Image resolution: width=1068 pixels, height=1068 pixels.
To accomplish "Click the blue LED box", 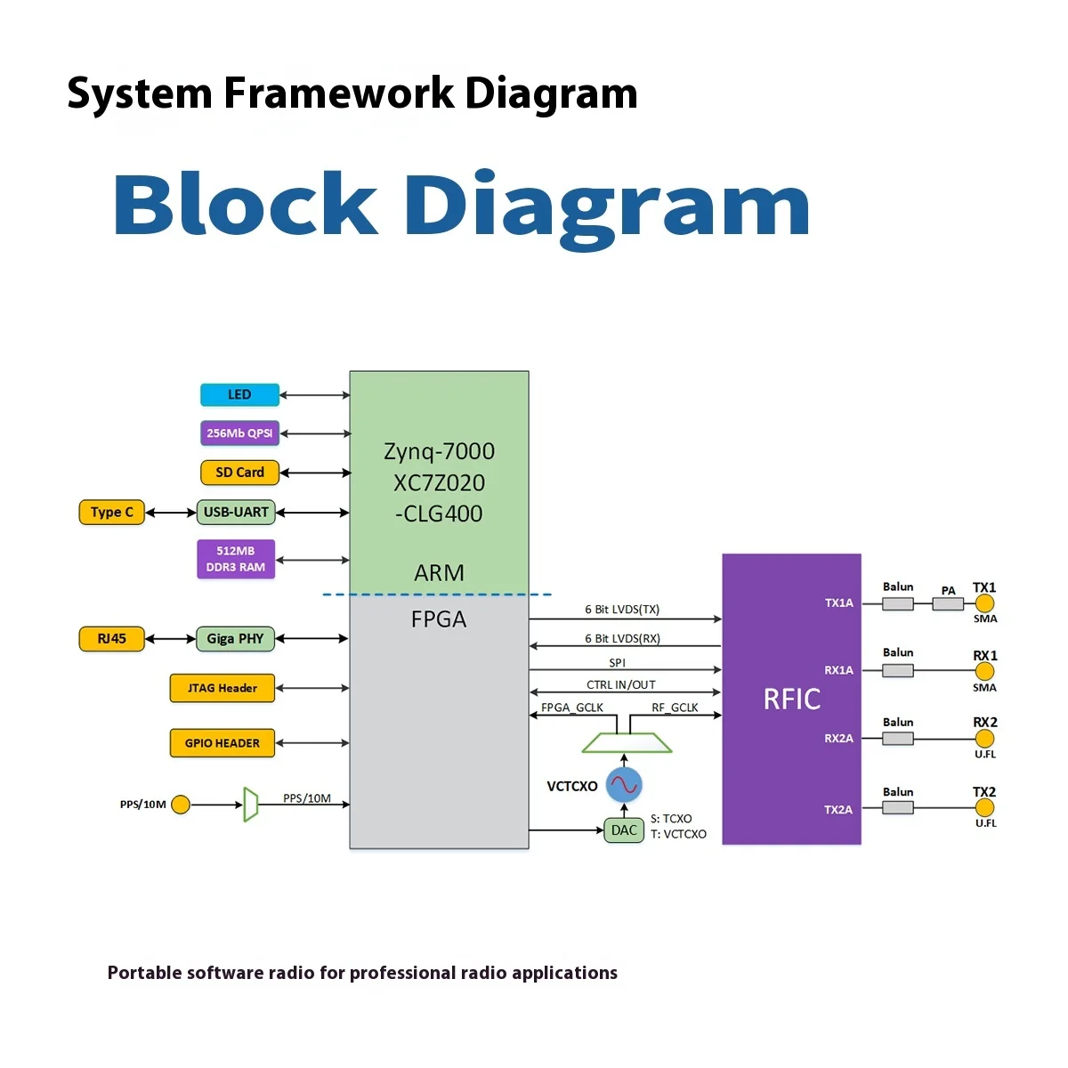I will point(239,394).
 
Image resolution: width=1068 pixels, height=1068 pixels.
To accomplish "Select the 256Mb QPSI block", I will point(239,433).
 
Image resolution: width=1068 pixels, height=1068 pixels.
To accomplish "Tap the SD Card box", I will point(239,473).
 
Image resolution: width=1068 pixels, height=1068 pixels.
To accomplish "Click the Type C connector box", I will point(111,512).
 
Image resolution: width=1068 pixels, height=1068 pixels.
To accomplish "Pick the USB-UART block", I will point(236,512).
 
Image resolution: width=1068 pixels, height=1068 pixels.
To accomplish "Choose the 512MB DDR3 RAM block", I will point(236,559).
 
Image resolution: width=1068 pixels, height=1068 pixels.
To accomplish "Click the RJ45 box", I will point(111,638).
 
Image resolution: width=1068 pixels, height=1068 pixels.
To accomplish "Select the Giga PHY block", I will point(235,638).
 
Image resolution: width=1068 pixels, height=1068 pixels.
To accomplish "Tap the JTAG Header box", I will point(222,688).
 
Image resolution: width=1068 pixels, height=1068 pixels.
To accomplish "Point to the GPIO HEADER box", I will point(222,743).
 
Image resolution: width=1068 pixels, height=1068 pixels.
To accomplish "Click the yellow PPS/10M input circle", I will point(181,805).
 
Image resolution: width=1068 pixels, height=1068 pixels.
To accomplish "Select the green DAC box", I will point(624,830).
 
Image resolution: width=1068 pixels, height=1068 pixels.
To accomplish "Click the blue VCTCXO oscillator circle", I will point(624,784).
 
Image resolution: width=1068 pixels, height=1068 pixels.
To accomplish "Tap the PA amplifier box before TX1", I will point(948,603).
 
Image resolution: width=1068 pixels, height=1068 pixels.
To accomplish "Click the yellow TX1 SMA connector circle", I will point(984,603).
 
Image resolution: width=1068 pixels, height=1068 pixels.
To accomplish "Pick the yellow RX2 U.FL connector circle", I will point(984,739).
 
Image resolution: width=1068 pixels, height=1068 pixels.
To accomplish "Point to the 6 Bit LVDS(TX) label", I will point(622,610).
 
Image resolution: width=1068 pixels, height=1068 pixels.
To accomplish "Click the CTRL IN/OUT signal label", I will point(620,685).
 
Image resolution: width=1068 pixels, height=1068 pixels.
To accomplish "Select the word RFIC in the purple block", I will point(792,700).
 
